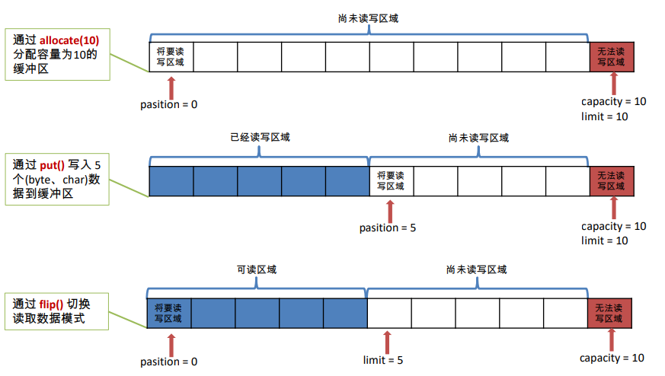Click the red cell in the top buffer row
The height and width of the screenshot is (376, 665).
click(612, 56)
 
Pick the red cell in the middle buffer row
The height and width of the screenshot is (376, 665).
click(612, 180)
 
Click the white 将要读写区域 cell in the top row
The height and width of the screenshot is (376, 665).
click(171, 56)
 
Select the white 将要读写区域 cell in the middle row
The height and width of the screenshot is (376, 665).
click(391, 180)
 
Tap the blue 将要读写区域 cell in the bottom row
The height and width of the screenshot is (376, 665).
click(168, 313)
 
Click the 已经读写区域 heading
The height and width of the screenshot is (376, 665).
click(260, 138)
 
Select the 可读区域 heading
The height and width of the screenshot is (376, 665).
click(256, 270)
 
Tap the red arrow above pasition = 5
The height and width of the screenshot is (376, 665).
click(391, 209)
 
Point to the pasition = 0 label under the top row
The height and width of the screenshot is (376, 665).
click(169, 104)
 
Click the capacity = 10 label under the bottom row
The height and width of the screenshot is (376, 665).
click(612, 358)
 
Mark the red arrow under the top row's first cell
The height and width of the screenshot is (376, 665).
click(171, 85)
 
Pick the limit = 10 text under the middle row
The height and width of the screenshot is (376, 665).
click(604, 241)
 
